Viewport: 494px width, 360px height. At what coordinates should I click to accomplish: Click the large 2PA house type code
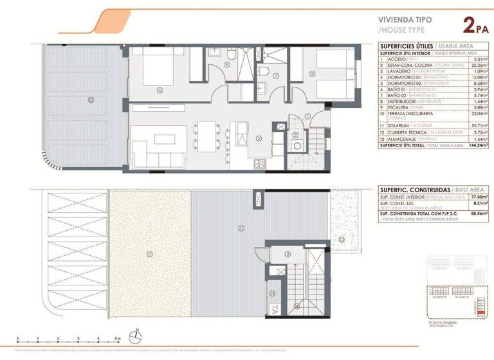(x=475, y=26)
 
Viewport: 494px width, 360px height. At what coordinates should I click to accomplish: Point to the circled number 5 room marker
(x=311, y=74)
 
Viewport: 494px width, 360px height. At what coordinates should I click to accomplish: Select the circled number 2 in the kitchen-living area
(x=258, y=138)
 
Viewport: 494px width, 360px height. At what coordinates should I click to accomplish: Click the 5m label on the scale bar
(x=117, y=339)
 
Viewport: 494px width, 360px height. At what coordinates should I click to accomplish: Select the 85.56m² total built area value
(x=477, y=213)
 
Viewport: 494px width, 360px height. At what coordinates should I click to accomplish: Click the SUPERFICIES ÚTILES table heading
(x=406, y=46)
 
